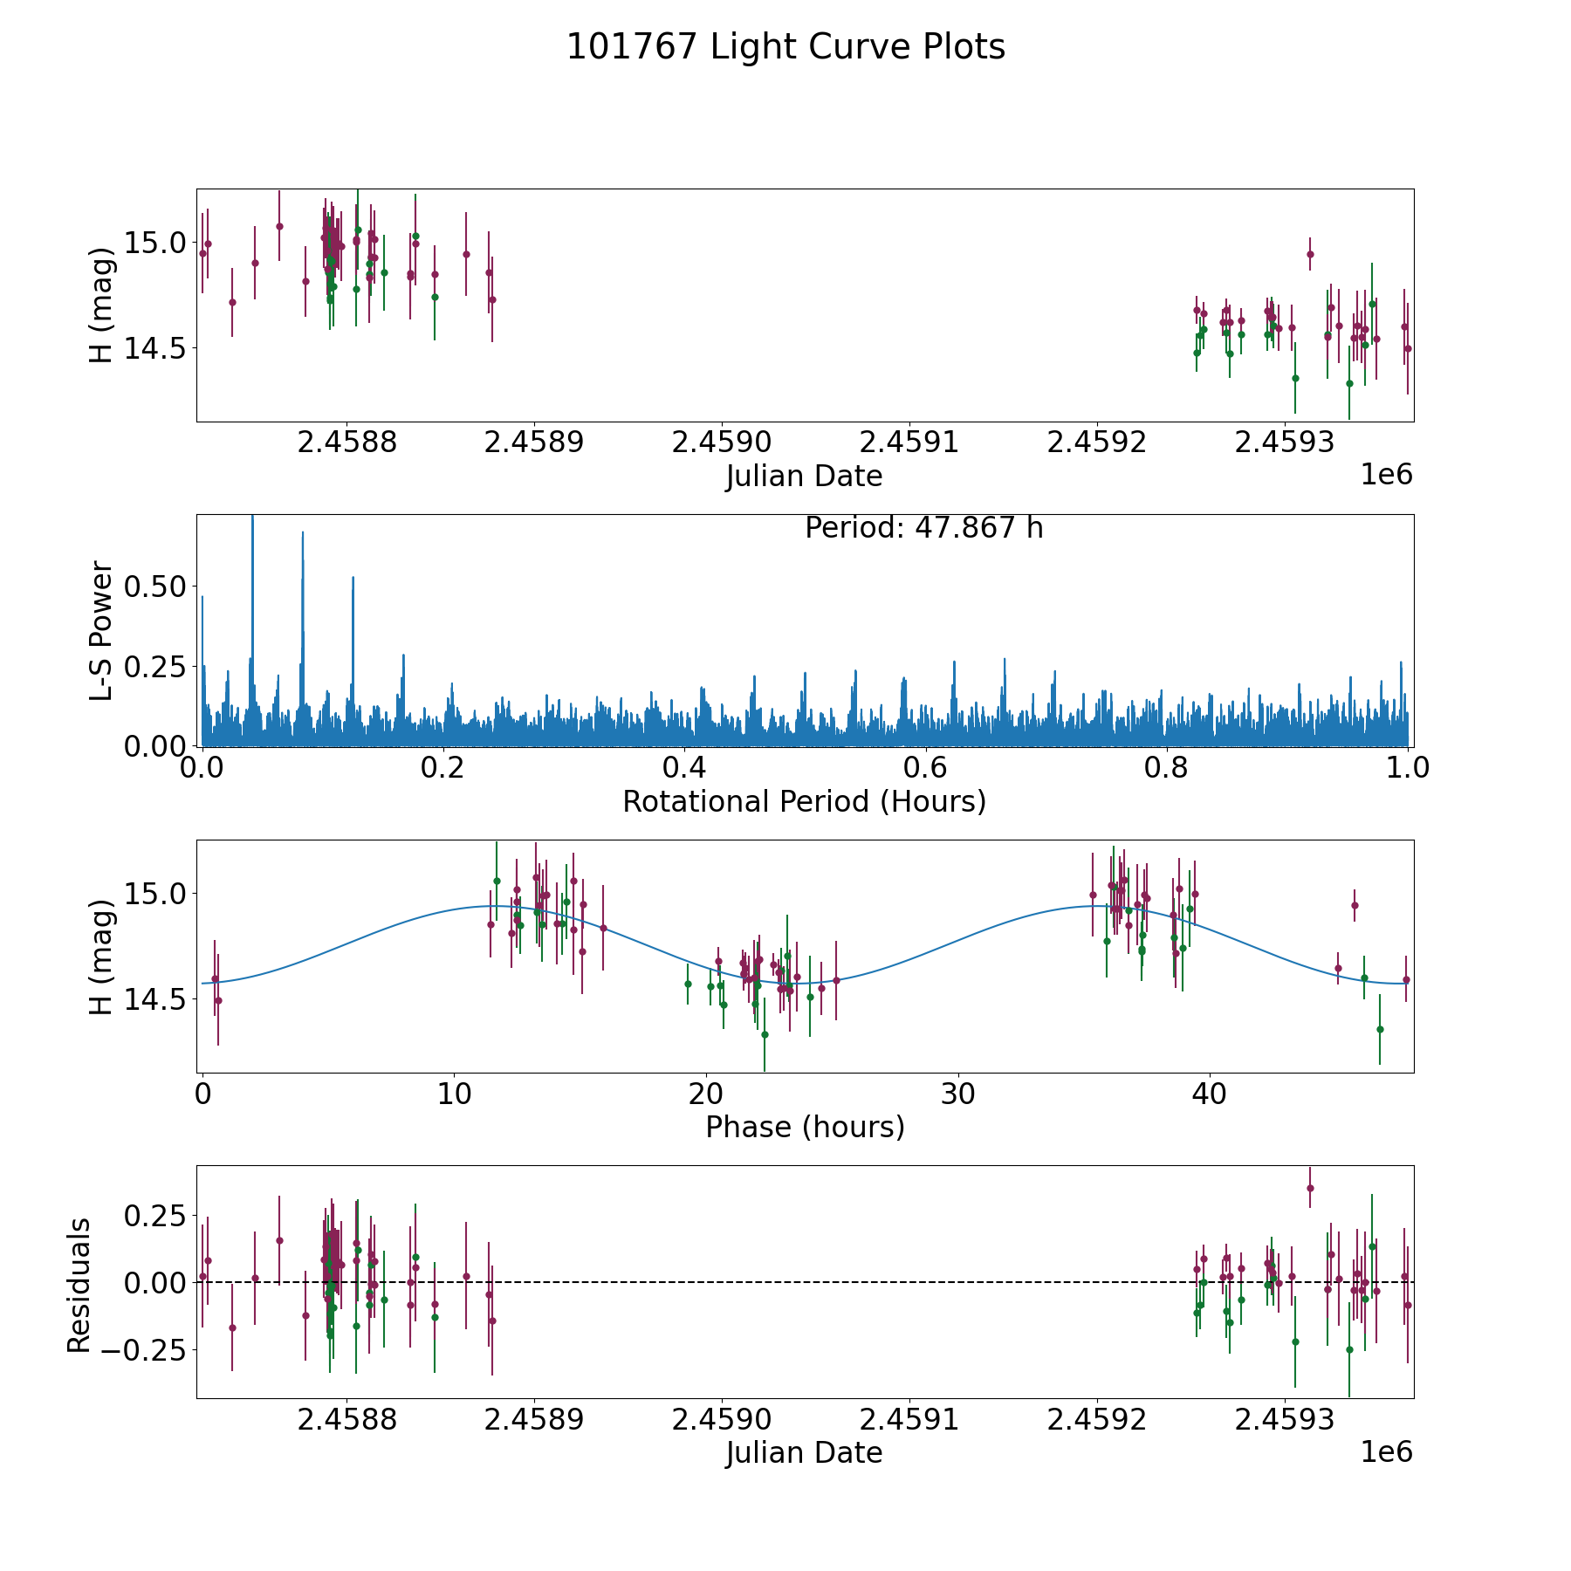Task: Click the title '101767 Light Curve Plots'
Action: pos(785,47)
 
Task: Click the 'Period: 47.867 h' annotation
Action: pos(923,528)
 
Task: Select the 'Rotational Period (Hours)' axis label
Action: pos(804,801)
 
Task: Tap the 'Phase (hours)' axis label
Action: pos(804,1127)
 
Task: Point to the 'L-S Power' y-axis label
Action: pos(102,630)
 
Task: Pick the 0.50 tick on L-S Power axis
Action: pos(155,587)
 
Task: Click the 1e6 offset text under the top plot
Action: pos(1386,475)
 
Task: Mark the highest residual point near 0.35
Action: pos(1310,1188)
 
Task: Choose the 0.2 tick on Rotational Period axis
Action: pos(443,769)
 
